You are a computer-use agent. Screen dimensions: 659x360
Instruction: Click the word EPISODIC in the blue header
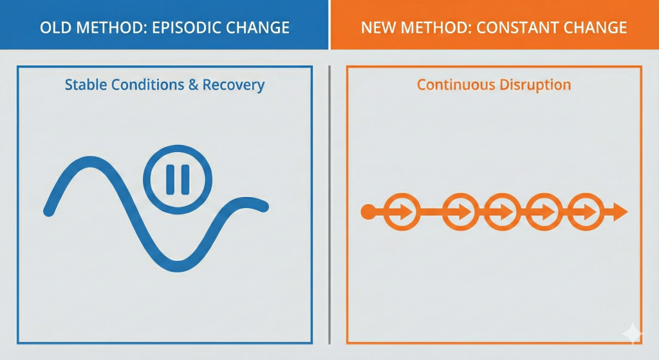(x=187, y=28)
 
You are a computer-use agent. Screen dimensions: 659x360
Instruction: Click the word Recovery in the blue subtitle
(x=234, y=85)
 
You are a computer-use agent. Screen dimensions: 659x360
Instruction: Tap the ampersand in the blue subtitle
(x=193, y=84)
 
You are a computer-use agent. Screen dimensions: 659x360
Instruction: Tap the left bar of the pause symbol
(x=170, y=180)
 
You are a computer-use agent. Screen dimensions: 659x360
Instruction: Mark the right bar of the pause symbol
(x=185, y=180)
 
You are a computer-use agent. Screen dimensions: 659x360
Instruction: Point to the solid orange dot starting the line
(x=368, y=211)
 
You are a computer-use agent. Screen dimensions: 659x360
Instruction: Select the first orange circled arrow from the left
(x=402, y=211)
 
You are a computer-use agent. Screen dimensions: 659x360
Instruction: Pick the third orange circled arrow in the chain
(x=503, y=211)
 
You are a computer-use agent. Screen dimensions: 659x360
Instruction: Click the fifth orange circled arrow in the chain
(x=586, y=211)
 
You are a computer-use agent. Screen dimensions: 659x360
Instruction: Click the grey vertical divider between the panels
(x=329, y=205)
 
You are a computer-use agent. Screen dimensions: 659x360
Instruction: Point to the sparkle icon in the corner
(x=633, y=334)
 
